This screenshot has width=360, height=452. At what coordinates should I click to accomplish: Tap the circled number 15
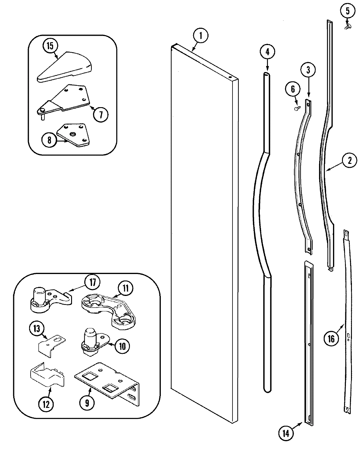point(50,46)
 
